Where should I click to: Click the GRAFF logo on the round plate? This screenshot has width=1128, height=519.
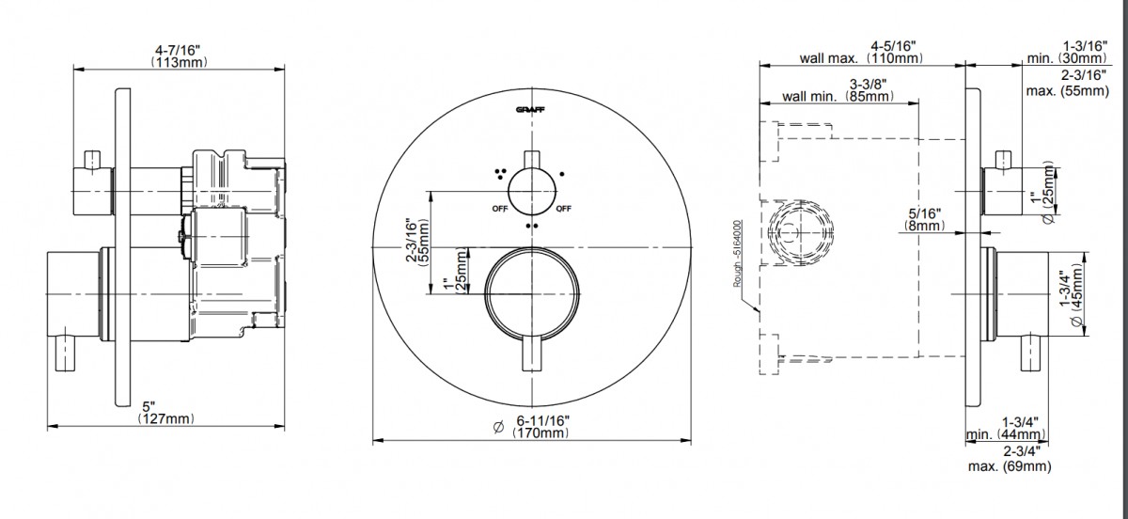click(530, 110)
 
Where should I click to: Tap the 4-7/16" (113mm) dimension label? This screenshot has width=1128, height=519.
click(179, 55)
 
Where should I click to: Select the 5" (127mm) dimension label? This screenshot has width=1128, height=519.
click(165, 412)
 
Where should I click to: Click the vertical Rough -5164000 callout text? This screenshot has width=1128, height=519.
click(737, 254)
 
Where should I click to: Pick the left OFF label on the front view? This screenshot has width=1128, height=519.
click(500, 209)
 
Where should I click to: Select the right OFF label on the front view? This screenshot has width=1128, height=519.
click(563, 209)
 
